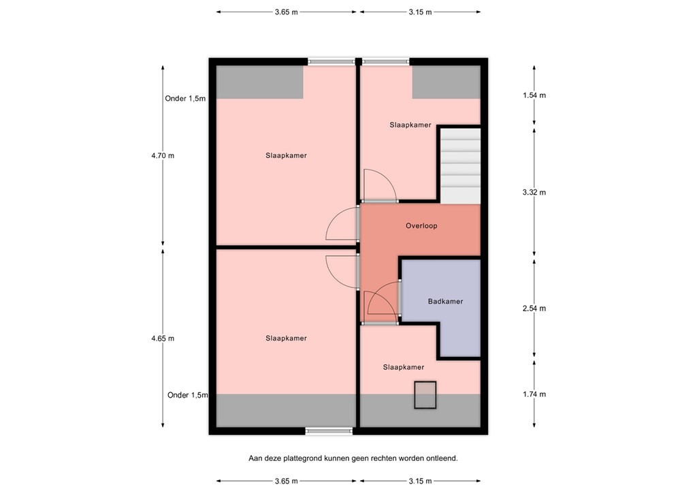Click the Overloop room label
(x=421, y=226)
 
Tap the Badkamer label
(x=445, y=302)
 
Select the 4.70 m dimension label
(x=163, y=155)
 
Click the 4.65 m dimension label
(x=163, y=338)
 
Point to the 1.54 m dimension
(x=534, y=95)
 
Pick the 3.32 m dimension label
(x=534, y=193)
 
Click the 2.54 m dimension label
(x=534, y=308)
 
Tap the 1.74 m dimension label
(x=534, y=394)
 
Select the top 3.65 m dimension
(x=287, y=12)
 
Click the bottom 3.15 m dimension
(x=420, y=481)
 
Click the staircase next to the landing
(x=461, y=166)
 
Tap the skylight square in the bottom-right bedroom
(x=425, y=395)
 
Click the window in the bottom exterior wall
(x=329, y=430)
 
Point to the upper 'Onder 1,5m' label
(x=185, y=99)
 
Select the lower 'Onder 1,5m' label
(x=188, y=395)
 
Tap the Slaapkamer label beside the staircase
(x=410, y=125)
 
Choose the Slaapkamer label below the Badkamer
(x=404, y=367)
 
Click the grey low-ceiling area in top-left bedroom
(x=259, y=82)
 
